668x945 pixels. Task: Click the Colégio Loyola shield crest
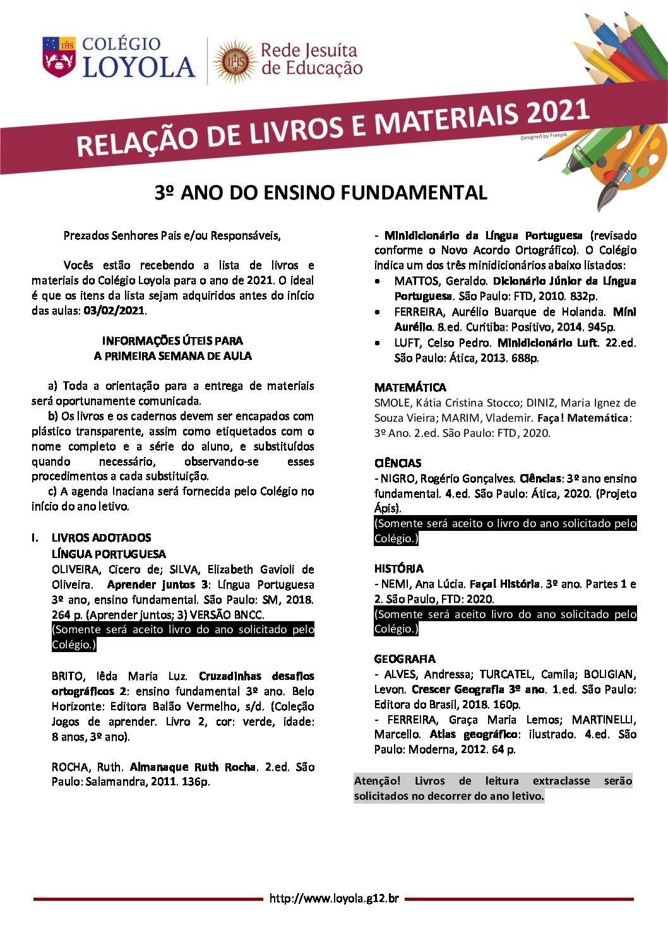point(59,57)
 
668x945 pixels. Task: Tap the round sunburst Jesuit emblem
point(234,61)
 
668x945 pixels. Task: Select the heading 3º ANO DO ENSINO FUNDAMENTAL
point(321,193)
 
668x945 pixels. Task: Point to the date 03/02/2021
point(114,311)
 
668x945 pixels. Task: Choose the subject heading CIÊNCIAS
point(398,463)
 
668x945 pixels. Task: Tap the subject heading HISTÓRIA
point(398,568)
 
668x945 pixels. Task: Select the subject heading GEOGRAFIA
point(405,658)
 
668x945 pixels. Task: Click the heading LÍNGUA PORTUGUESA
point(109,554)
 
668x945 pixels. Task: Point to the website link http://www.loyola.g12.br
point(334,898)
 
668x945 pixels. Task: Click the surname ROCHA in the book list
point(70,767)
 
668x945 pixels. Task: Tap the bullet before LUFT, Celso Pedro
point(378,343)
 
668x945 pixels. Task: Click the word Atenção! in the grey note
point(377,781)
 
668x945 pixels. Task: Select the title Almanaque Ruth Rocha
point(193,767)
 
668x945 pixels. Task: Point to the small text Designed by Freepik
point(544,136)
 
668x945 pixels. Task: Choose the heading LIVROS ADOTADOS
point(101,538)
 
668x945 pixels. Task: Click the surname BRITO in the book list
point(68,676)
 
